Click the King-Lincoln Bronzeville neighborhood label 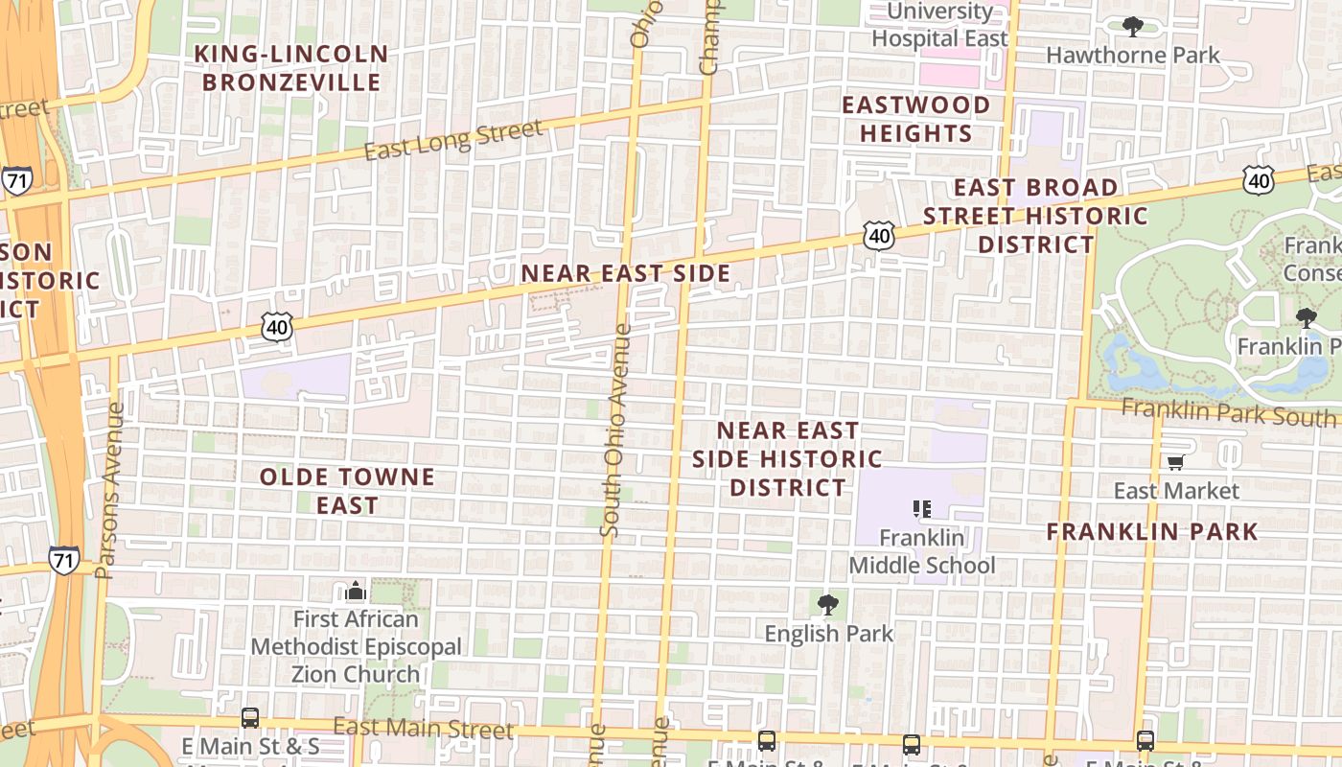pos(291,68)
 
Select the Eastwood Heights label pos(915,119)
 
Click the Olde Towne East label pos(347,491)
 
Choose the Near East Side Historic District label pos(788,459)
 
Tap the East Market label pos(1176,491)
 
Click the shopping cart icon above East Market pos(1176,463)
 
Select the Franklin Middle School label pos(922,551)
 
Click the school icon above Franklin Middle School pos(922,509)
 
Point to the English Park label pos(828,634)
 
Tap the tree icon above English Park pos(828,605)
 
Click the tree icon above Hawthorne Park pos(1133,26)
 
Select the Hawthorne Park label pos(1133,55)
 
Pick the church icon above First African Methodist pos(356,591)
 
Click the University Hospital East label pos(939,26)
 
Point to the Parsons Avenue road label pos(110,490)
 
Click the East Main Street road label pos(423,729)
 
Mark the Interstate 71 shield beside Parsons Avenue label pos(63,561)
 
